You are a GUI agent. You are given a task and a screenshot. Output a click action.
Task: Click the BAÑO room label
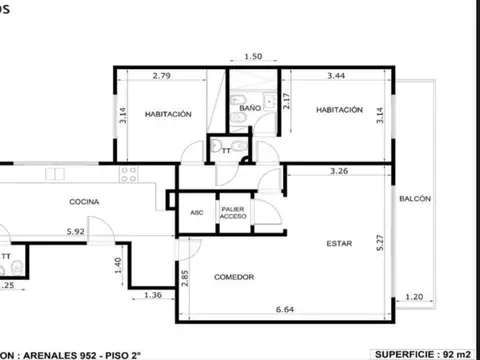249,106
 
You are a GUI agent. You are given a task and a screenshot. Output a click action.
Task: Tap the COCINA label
83,202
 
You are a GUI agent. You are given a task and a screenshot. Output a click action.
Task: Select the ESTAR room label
338,243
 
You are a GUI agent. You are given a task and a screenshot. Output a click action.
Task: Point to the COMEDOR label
234,277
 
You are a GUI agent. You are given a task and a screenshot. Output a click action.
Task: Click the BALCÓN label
415,199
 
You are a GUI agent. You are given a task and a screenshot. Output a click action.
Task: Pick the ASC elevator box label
196,212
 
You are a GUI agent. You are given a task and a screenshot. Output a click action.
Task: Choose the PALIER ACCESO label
233,212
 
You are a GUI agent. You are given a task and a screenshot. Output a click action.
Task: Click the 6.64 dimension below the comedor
286,309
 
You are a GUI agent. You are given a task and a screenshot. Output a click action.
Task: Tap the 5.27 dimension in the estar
380,243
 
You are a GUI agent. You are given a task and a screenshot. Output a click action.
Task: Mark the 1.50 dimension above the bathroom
253,57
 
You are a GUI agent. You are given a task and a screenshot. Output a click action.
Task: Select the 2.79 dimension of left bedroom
163,75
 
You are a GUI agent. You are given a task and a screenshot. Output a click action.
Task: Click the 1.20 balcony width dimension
415,296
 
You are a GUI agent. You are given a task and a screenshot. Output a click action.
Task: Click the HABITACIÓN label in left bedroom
168,114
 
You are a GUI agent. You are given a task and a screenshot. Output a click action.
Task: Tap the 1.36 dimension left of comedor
153,295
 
